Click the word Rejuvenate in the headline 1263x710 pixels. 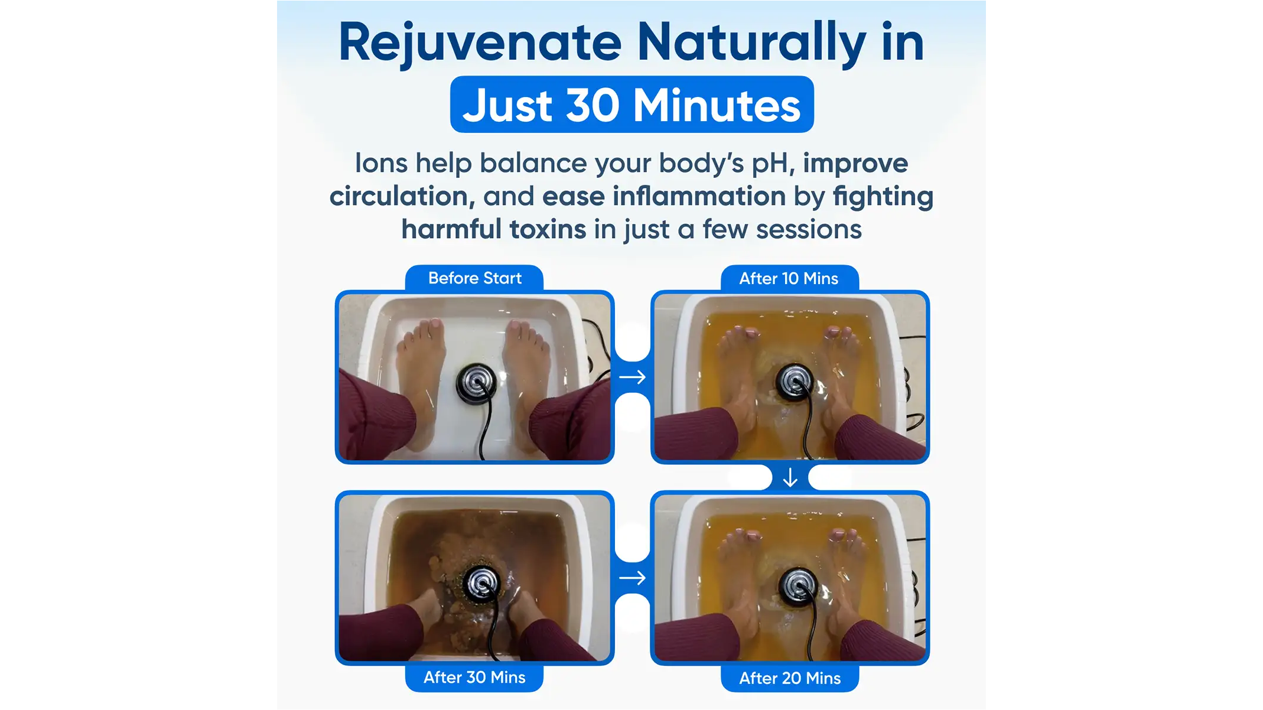coord(480,43)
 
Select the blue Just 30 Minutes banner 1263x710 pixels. coord(631,105)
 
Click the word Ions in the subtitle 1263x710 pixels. coord(381,163)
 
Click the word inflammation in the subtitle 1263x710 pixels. coord(699,196)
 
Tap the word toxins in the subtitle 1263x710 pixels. coord(548,229)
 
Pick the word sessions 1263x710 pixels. coord(809,229)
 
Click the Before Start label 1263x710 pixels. coord(474,278)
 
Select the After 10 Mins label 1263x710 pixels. coord(789,278)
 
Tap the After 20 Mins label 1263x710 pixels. coord(790,678)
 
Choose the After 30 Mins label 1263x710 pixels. coord(474,678)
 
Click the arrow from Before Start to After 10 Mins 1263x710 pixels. coord(632,377)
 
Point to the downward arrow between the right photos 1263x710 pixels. coord(790,477)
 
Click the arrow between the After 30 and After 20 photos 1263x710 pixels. coord(632,578)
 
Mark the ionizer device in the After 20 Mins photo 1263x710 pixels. coord(798,584)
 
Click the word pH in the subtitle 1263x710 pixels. coord(769,164)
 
